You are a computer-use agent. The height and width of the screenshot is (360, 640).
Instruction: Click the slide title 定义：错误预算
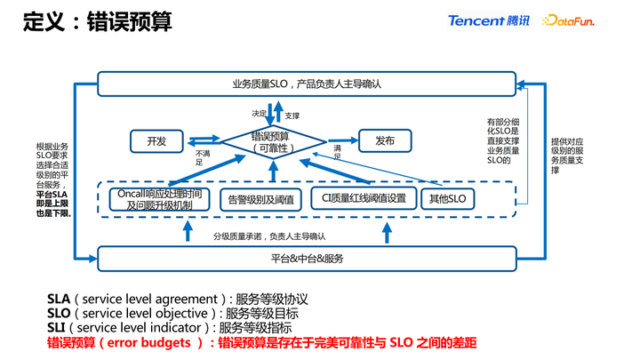pyautogui.click(x=98, y=21)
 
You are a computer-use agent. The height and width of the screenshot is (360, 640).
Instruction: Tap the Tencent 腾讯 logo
pyautogui.click(x=488, y=20)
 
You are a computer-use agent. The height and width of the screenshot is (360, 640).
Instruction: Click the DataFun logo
pyautogui.click(x=568, y=20)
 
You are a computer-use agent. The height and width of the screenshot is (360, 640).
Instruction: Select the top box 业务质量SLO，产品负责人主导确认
pyautogui.click(x=306, y=84)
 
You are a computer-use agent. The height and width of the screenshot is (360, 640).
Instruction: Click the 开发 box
pyautogui.click(x=156, y=141)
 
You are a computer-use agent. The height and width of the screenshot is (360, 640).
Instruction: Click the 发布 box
pyautogui.click(x=385, y=141)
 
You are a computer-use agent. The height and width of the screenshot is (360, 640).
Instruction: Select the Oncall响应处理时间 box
pyautogui.click(x=160, y=199)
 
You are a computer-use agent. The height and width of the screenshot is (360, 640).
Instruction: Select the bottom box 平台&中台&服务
pyautogui.click(x=306, y=259)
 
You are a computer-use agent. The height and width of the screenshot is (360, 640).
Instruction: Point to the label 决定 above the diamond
pyautogui.click(x=259, y=114)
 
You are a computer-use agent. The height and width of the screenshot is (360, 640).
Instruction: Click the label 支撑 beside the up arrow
pyautogui.click(x=292, y=116)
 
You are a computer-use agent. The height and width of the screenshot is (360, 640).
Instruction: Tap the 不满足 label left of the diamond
pyautogui.click(x=199, y=157)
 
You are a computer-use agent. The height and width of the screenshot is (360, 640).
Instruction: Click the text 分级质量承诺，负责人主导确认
pyautogui.click(x=269, y=236)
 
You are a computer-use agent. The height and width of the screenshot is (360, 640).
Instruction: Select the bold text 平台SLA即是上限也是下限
pyautogui.click(x=52, y=204)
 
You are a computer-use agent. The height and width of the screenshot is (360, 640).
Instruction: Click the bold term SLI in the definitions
pyautogui.click(x=59, y=328)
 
